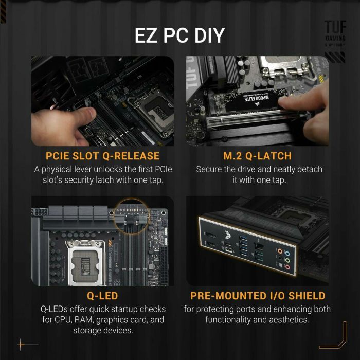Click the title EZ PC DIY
pyautogui.click(x=179, y=35)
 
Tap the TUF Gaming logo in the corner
pyautogui.click(x=335, y=33)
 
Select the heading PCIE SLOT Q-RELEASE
pyautogui.click(x=103, y=156)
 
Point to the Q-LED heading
pyautogui.click(x=103, y=296)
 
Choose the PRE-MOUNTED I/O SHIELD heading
pyautogui.click(x=258, y=296)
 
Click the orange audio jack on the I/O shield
pyautogui.click(x=280, y=252)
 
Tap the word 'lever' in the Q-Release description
pyautogui.click(x=89, y=169)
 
